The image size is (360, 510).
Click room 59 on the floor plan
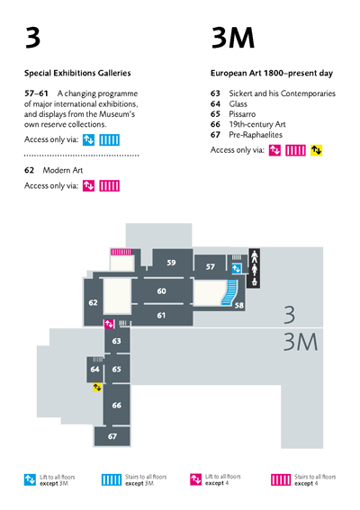pos(171,263)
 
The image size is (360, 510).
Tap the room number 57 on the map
pos(211,267)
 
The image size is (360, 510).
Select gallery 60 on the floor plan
pos(161,291)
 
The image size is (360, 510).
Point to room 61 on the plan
pos(161,315)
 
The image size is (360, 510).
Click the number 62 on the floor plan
pos(93,302)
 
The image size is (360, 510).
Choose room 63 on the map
pos(116,341)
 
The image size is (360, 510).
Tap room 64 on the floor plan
pos(94,369)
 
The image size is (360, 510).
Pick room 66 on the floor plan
pos(116,405)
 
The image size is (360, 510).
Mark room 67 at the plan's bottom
pos(112,436)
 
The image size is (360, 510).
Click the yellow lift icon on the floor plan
pos(97,387)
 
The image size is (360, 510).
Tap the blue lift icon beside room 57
pos(237,269)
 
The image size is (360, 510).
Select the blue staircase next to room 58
pos(229,292)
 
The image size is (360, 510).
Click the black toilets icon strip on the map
pos(254,268)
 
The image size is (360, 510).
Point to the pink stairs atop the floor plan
pos(121,252)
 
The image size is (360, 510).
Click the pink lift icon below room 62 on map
pos(109,324)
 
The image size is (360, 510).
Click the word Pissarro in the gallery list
pos(242,114)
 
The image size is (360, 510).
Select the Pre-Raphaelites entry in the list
pos(256,135)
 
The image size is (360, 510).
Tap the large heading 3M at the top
pos(233,38)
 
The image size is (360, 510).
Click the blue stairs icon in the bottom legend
pos(112,479)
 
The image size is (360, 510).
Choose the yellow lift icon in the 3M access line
pos(316,150)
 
